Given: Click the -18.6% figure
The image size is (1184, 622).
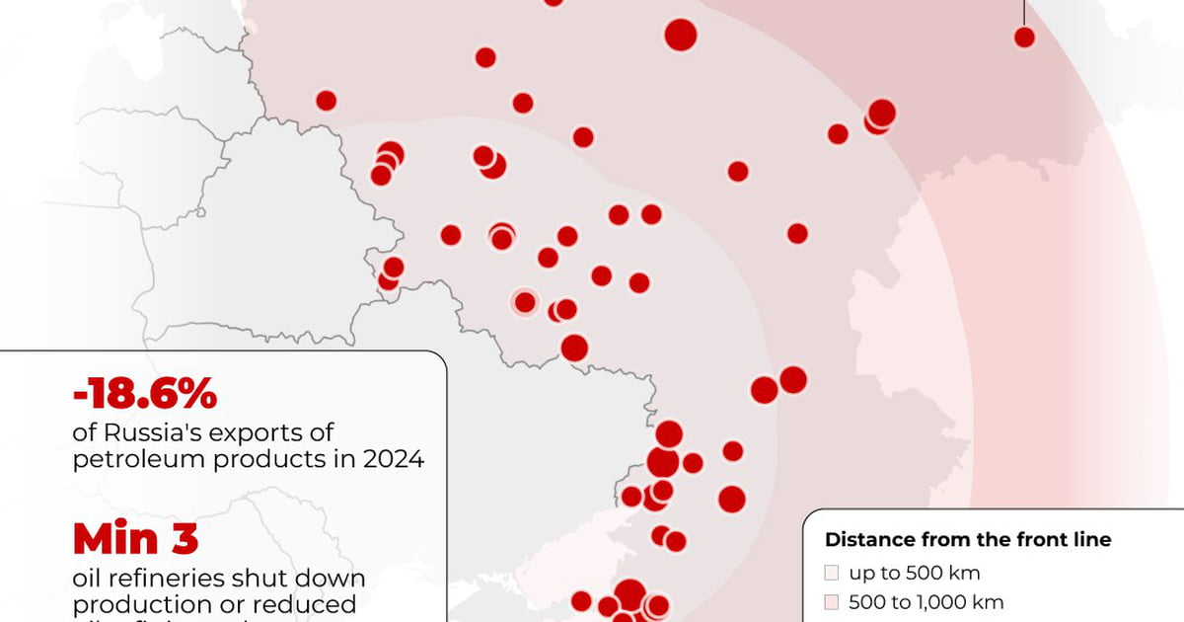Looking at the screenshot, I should click(144, 396).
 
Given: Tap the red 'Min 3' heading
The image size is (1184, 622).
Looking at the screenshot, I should click(135, 539).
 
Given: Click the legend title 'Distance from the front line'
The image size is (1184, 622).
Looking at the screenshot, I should click(968, 540).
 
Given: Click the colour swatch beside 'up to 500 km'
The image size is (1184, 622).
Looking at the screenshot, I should click(832, 573).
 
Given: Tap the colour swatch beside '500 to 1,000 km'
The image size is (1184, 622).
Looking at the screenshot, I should click(832, 601).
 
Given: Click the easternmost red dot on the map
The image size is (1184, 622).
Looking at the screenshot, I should click(1024, 38).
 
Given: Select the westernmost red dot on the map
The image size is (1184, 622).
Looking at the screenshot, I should click(326, 100).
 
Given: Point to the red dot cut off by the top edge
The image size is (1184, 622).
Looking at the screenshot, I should click(554, 2).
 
